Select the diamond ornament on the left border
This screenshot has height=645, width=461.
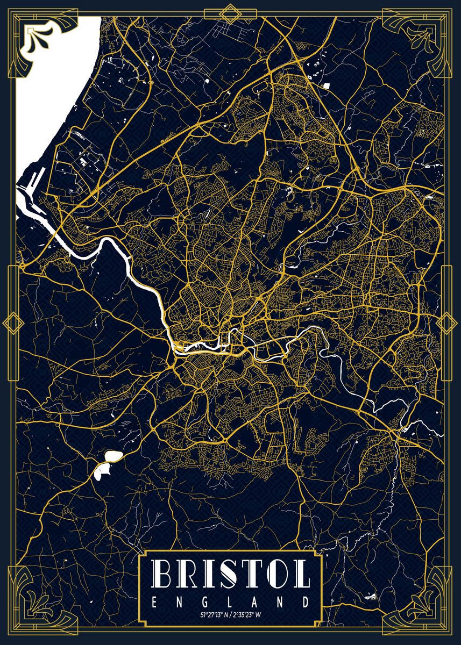coord(12,323)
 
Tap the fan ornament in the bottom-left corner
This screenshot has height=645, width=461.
coord(36,610)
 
